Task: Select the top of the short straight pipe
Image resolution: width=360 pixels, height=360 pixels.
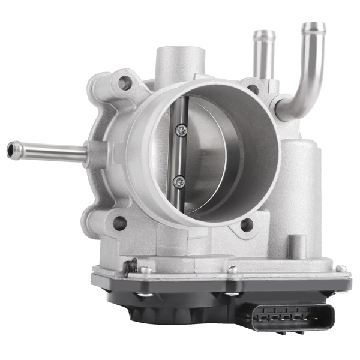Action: click(x=264, y=35)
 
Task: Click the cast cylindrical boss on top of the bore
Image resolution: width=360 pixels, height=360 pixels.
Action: click(x=180, y=63)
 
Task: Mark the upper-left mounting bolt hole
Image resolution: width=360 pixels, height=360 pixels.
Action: click(x=125, y=83)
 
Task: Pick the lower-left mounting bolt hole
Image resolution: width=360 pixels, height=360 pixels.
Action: click(x=120, y=223)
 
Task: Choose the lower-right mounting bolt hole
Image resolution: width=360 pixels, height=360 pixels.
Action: click(x=246, y=225)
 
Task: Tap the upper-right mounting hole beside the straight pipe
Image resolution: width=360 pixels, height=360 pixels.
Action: click(x=253, y=89)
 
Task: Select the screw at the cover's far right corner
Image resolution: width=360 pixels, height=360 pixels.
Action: click(x=340, y=268)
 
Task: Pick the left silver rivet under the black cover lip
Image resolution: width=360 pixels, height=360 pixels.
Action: click(x=142, y=295)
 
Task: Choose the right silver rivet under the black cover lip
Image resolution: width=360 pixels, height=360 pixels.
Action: click(x=232, y=294)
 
